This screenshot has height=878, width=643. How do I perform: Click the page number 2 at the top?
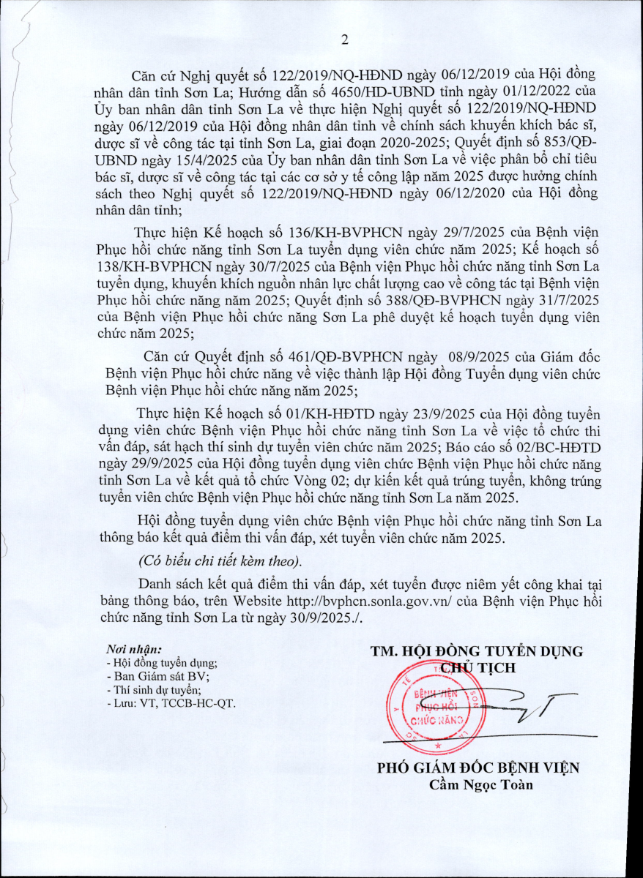tap(343, 40)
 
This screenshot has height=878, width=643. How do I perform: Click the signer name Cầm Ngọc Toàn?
tap(480, 786)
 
